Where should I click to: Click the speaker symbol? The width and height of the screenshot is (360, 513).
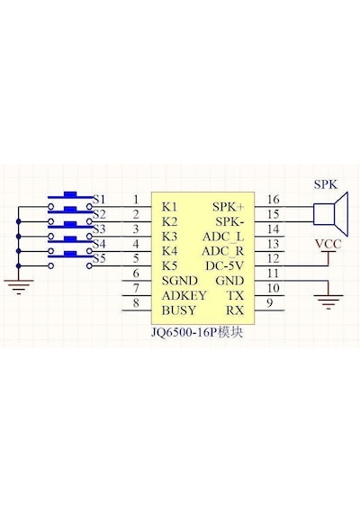click(330, 214)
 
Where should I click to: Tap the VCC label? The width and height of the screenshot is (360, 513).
click(328, 244)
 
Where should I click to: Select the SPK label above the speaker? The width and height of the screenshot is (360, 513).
click(326, 184)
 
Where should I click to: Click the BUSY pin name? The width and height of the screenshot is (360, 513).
click(179, 310)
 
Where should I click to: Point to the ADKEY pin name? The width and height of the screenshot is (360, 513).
click(184, 295)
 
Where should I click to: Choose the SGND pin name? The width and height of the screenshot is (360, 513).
click(180, 281)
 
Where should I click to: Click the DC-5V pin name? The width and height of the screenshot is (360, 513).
click(224, 266)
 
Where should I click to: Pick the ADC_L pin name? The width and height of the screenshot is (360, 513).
click(223, 237)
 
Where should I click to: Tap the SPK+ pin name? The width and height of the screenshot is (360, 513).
click(229, 207)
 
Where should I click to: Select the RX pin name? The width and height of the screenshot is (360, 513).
click(235, 310)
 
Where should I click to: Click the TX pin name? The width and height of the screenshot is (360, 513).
click(236, 295)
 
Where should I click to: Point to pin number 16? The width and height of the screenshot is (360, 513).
click(274, 199)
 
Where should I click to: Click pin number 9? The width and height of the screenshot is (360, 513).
click(270, 302)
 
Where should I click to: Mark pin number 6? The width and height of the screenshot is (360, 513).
click(136, 274)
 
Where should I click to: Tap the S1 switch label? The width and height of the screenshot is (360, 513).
click(99, 199)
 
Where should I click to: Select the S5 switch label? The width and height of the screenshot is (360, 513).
click(100, 258)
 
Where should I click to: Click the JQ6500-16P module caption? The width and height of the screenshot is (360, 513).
click(197, 332)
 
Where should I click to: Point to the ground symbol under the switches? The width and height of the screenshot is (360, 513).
click(19, 287)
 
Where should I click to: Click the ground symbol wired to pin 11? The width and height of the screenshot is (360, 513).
click(328, 301)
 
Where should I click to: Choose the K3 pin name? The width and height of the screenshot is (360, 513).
click(169, 237)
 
